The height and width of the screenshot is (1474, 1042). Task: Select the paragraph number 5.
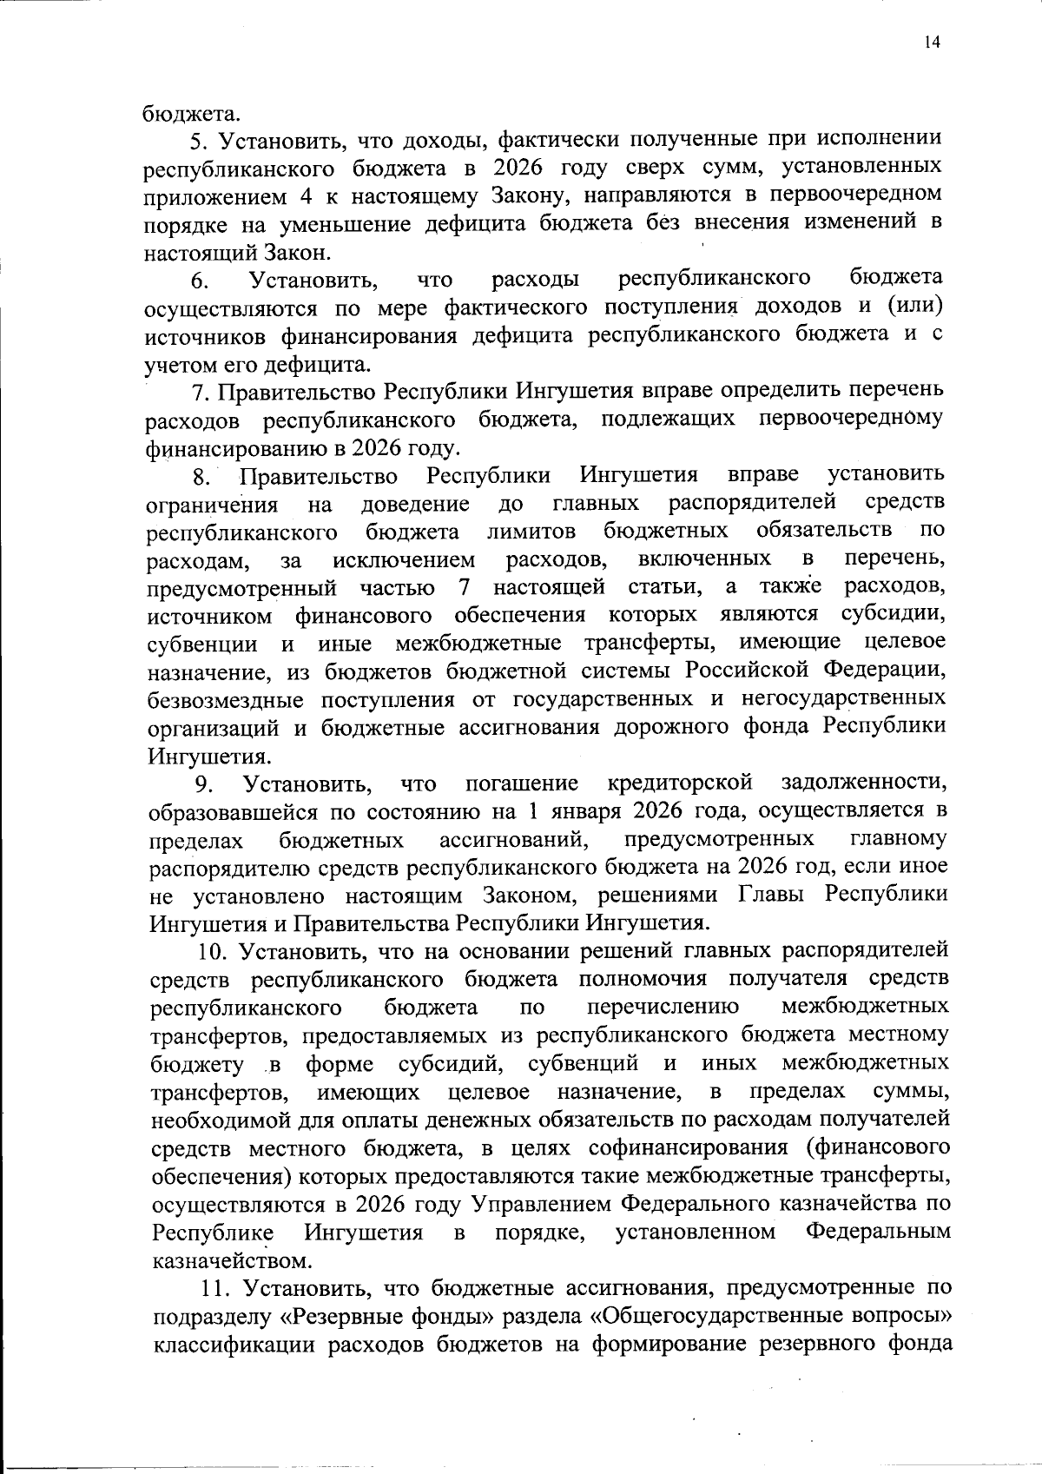pyautogui.click(x=196, y=139)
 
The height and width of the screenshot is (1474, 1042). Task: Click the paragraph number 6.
pyautogui.click(x=199, y=281)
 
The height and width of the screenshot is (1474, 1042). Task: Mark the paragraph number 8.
pyautogui.click(x=201, y=477)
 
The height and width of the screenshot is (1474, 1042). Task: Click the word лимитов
pyautogui.click(x=531, y=532)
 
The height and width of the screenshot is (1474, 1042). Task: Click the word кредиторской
pyautogui.click(x=680, y=783)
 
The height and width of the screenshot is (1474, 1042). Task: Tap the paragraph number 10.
pyautogui.click(x=212, y=951)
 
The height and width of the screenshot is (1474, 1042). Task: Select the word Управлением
pyautogui.click(x=543, y=1204)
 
